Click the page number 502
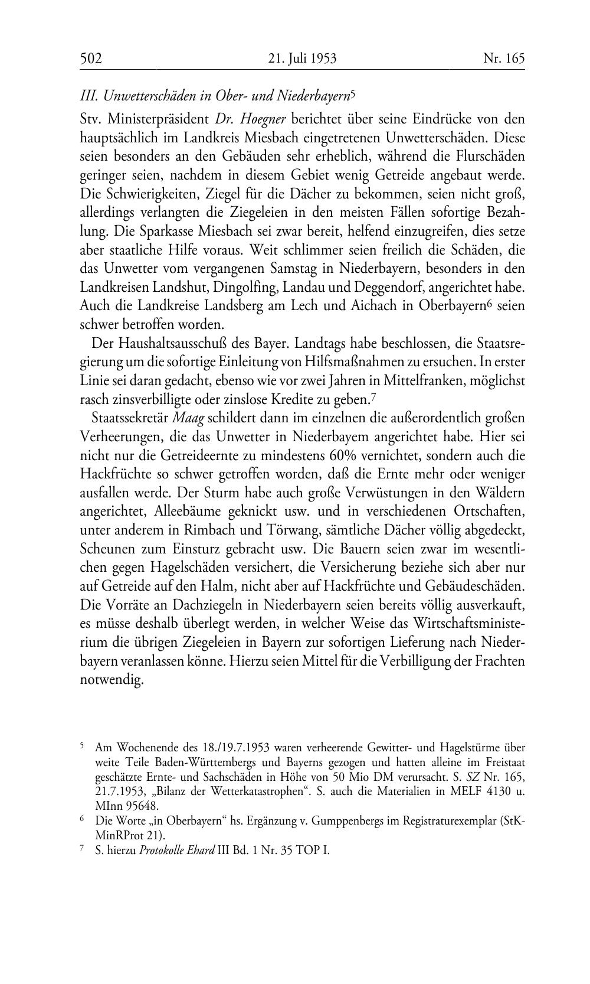point(91,58)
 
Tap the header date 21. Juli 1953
point(302,58)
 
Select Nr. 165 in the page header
point(503,58)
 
